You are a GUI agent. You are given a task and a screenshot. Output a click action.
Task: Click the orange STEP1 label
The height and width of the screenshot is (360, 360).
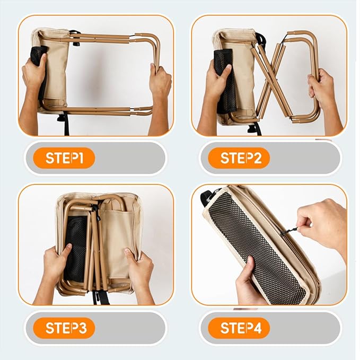(x=64, y=158)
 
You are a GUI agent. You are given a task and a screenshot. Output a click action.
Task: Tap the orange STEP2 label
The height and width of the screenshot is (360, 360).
(x=239, y=158)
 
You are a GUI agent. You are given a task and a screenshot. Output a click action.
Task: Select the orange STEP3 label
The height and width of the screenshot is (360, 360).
(x=64, y=328)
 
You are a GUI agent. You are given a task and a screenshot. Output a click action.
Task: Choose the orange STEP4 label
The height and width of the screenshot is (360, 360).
(x=239, y=328)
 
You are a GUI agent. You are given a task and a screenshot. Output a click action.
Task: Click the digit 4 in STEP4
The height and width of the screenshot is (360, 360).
(x=258, y=328)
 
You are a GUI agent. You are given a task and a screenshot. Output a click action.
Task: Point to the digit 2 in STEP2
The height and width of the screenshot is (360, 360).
(x=257, y=158)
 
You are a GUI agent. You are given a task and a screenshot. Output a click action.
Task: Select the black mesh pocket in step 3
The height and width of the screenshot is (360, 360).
(x=75, y=248)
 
